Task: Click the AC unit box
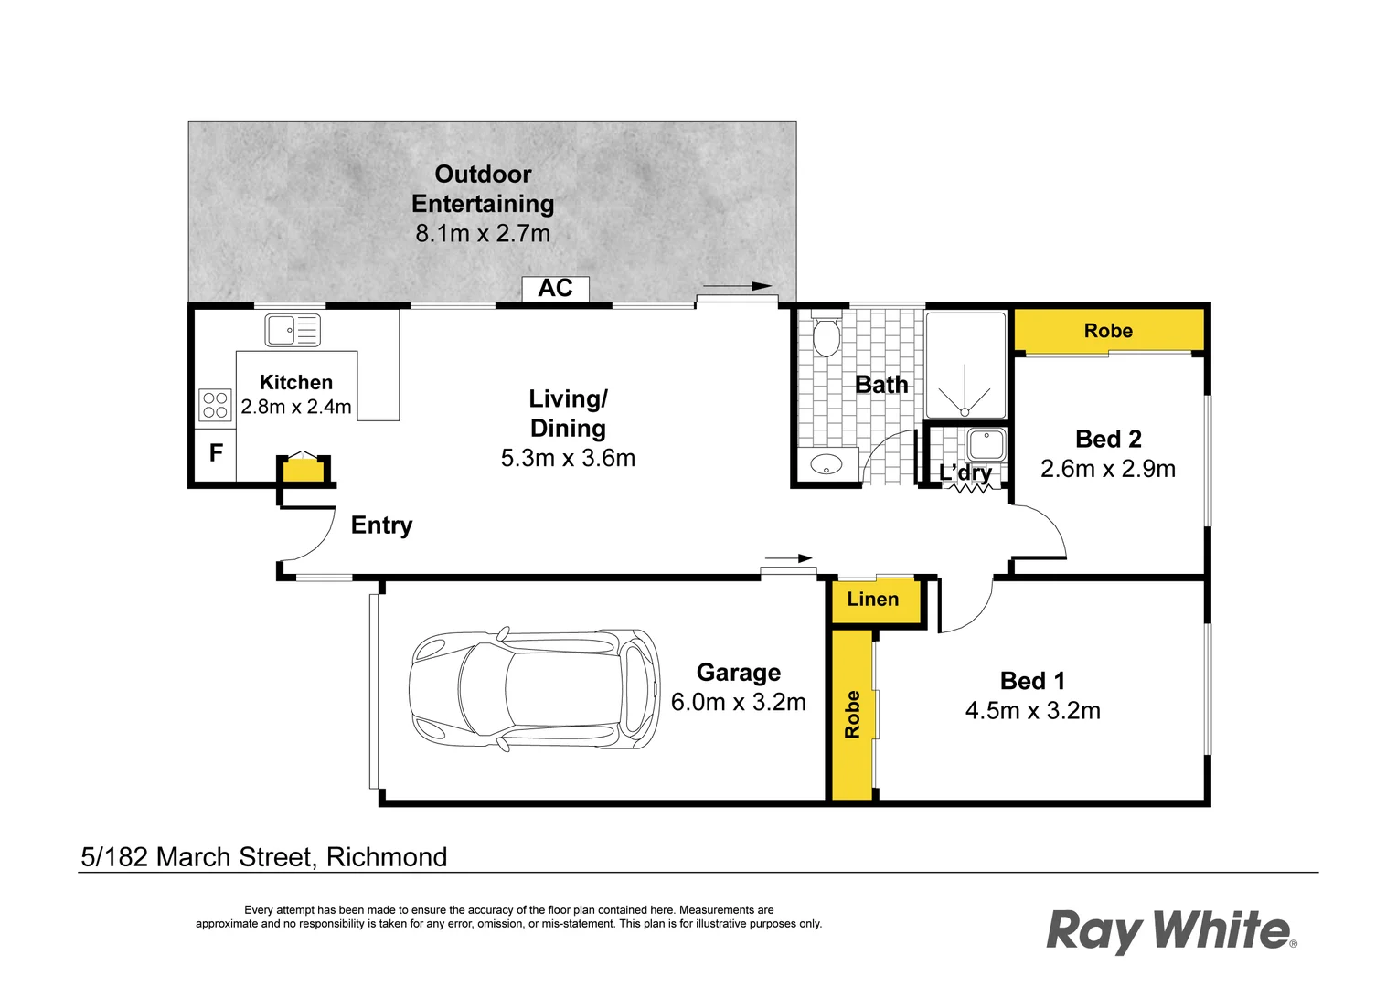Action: tap(555, 289)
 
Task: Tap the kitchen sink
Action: tap(293, 330)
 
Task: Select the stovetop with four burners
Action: tap(215, 405)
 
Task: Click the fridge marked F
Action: tap(216, 453)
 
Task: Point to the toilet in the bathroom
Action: tap(826, 335)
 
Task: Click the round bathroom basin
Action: tap(826, 465)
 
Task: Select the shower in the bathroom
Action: tap(965, 366)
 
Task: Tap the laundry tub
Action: tap(986, 445)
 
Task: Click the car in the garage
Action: tap(535, 689)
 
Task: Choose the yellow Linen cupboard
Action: tap(874, 600)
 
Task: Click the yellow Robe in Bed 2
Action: tap(1108, 331)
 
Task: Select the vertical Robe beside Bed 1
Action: tap(852, 715)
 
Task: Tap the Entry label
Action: tap(382, 525)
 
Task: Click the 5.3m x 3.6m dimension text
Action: tap(568, 459)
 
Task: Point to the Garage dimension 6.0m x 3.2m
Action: tap(739, 702)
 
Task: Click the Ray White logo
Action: tap(1171, 930)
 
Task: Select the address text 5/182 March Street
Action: tap(264, 857)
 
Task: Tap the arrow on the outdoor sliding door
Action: tap(738, 287)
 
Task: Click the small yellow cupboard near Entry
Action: tap(303, 472)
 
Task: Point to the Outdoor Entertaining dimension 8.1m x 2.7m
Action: tap(483, 234)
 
